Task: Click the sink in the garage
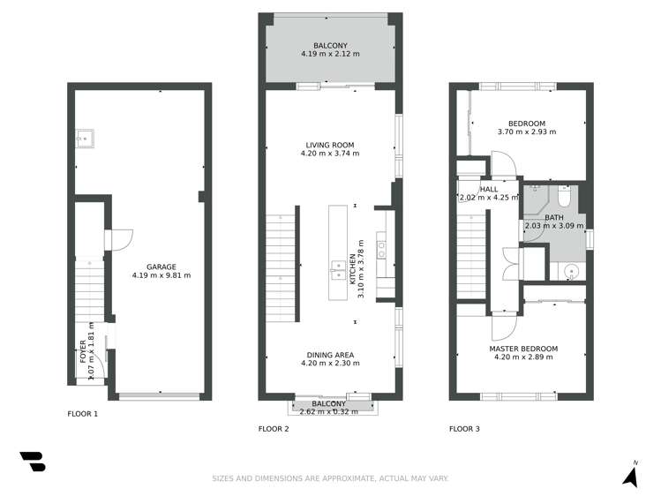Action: pos(86,138)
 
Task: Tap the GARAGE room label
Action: pos(161,266)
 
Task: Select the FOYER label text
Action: pos(84,352)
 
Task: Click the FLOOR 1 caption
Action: pos(83,413)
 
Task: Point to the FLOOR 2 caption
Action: pos(274,429)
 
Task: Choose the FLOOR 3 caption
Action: pos(464,429)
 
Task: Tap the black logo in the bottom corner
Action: pos(32,462)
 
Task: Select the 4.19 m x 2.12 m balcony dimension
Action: pos(330,55)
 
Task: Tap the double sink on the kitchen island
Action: pos(338,269)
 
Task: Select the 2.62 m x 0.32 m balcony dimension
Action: pos(328,410)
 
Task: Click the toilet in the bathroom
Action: pos(565,195)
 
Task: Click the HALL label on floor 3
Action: pos(489,189)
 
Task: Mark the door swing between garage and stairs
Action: pos(121,239)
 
